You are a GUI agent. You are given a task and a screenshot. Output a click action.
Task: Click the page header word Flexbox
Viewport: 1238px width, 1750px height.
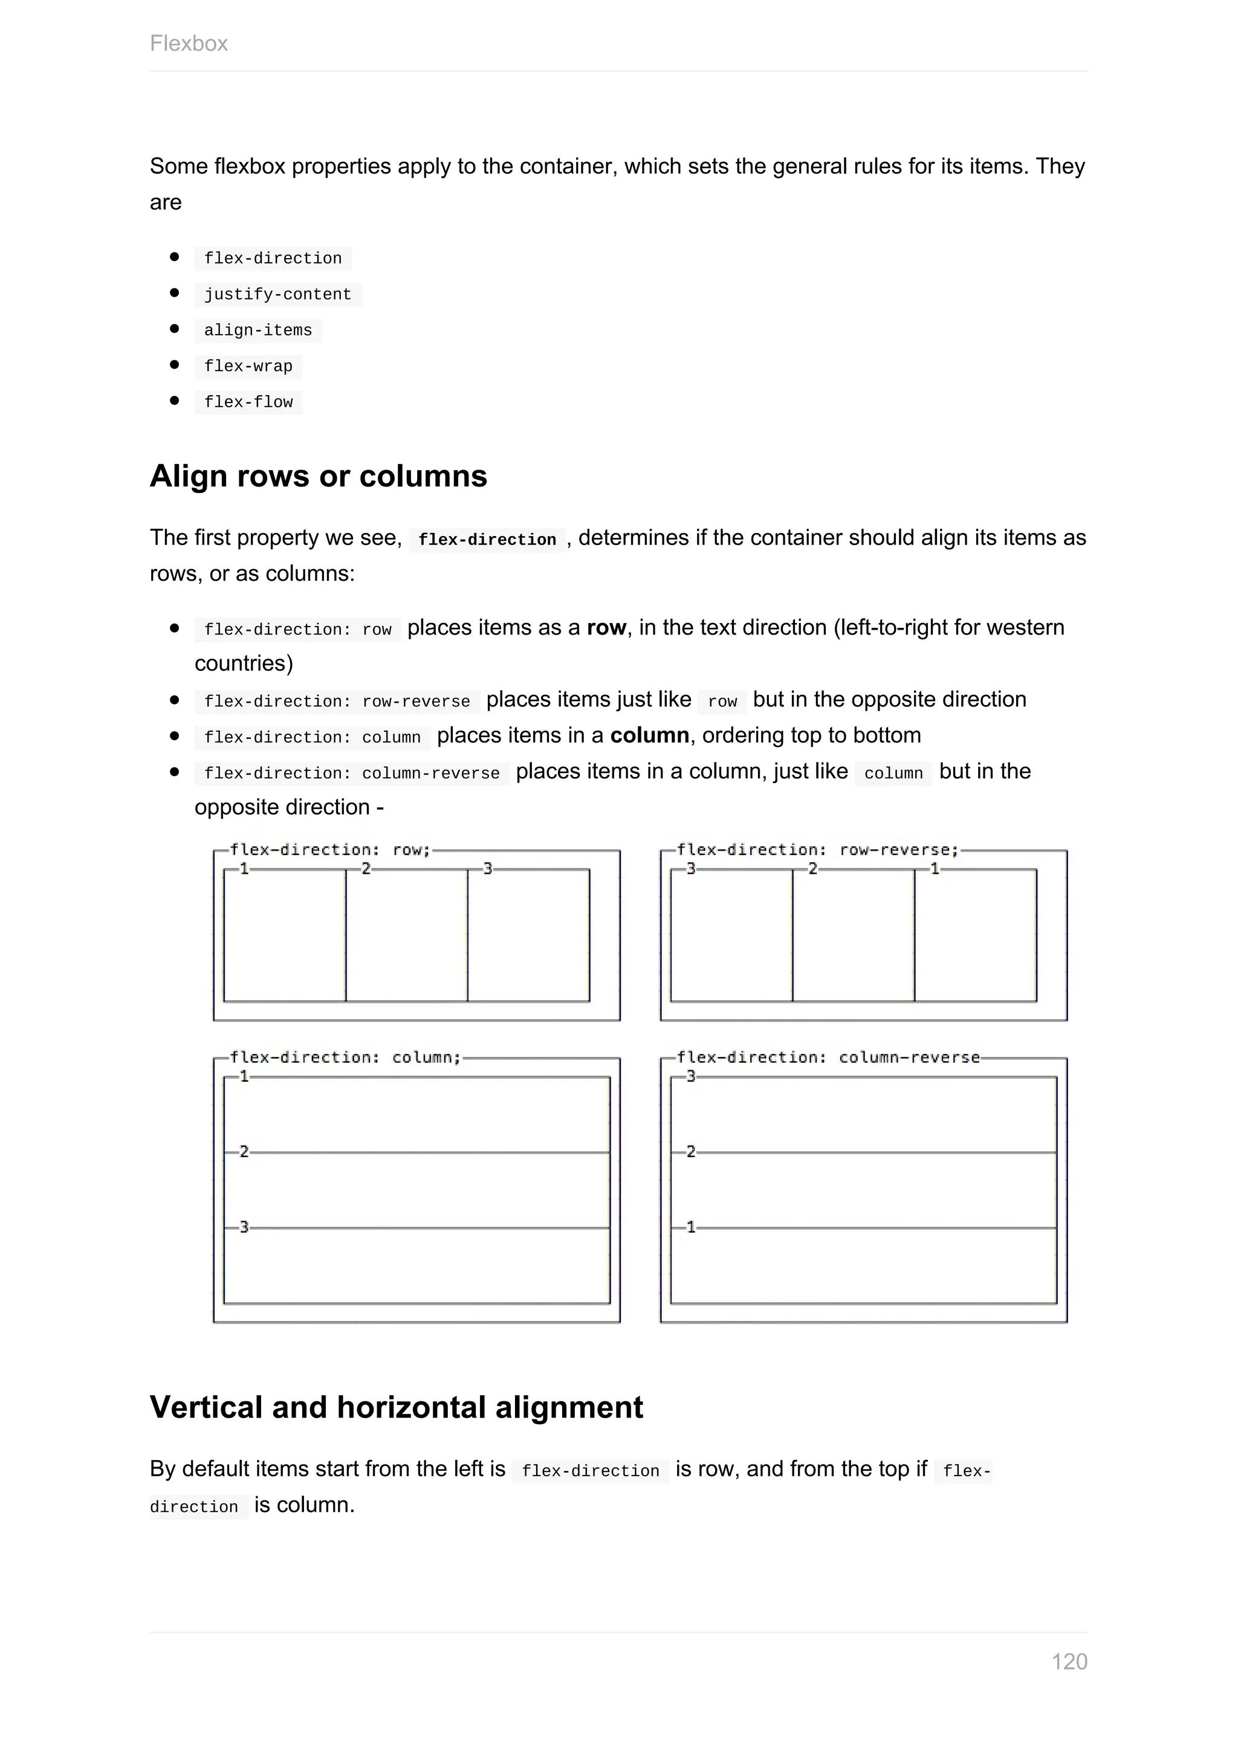188,44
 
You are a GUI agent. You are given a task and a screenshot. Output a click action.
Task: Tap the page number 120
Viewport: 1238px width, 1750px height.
1069,1662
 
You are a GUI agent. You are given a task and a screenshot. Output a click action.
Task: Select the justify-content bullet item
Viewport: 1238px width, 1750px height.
277,294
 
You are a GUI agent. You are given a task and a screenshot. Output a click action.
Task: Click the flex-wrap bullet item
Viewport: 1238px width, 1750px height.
248,366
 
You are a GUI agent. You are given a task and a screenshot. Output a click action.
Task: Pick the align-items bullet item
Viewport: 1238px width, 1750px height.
258,330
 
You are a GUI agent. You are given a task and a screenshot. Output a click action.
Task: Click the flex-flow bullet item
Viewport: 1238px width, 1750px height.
248,402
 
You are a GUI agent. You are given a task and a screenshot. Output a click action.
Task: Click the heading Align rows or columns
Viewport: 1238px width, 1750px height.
318,476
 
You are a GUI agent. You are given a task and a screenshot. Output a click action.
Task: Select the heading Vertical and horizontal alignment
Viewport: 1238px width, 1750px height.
396,1407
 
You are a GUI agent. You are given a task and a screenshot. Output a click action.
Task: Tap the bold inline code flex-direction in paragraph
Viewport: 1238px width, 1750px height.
487,540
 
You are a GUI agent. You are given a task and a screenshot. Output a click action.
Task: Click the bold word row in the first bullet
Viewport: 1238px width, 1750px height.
606,627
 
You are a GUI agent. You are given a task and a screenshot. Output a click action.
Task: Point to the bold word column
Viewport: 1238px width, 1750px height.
649,735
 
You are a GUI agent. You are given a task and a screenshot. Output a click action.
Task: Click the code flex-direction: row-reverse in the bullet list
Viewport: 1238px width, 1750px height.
337,701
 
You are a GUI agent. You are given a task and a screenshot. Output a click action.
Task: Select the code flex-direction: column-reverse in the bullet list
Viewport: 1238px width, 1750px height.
351,773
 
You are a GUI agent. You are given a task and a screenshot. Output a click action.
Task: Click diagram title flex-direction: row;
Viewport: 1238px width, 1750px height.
330,850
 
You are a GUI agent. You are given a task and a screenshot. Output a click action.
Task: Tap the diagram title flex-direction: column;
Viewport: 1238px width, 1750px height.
345,1057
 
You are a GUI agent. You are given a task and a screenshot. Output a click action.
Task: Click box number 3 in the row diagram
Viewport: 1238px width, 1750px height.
488,868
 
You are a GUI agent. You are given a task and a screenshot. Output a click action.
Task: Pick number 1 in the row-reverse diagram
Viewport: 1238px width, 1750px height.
935,868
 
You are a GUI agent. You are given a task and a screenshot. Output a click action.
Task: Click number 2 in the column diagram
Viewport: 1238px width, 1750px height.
244,1151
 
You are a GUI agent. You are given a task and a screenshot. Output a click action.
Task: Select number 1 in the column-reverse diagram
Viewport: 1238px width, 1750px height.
691,1227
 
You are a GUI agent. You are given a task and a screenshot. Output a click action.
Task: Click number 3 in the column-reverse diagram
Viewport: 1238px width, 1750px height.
691,1076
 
